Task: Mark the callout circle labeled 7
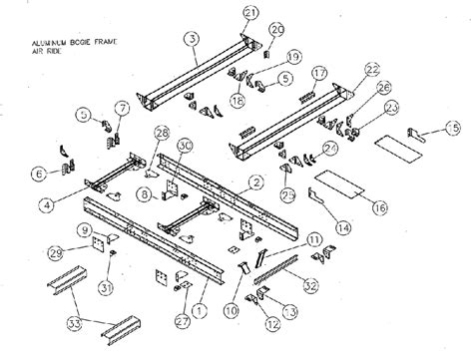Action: click(123, 107)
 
